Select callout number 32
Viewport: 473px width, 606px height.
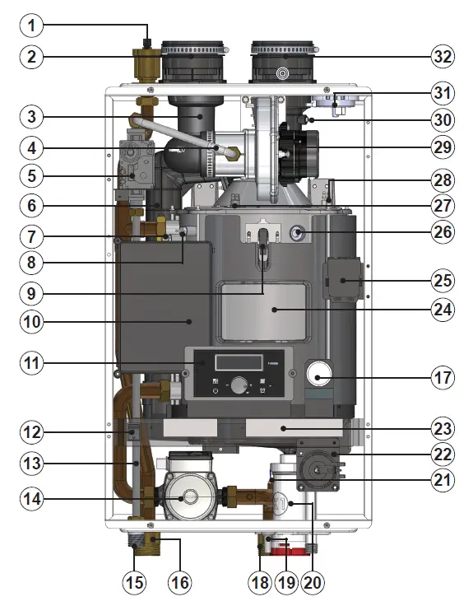point(442,57)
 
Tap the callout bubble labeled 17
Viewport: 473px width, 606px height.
point(442,380)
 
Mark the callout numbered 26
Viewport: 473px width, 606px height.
point(442,232)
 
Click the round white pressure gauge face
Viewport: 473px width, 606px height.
point(319,375)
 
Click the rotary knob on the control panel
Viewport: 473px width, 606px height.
point(239,385)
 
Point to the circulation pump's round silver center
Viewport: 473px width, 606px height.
point(188,497)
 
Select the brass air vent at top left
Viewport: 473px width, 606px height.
point(146,61)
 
